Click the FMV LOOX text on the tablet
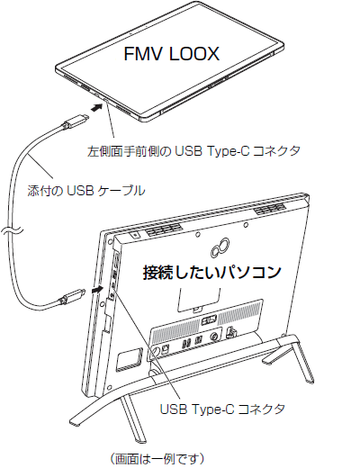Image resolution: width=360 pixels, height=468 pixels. [x=172, y=54]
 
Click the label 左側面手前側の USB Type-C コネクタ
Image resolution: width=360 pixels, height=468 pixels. [x=193, y=151]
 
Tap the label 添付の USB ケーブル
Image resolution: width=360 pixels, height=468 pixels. [x=86, y=191]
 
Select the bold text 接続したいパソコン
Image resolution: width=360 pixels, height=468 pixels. [x=211, y=272]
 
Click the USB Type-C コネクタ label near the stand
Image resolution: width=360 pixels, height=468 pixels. [x=222, y=409]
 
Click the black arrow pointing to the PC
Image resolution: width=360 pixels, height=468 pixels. [x=97, y=290]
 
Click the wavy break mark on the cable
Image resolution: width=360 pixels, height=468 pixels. [x=12, y=230]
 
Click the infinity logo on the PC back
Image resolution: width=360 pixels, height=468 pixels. [x=220, y=247]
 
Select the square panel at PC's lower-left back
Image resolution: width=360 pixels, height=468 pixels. [x=130, y=358]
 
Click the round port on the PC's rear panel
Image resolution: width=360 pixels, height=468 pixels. [x=214, y=337]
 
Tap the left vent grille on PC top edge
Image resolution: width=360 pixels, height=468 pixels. [x=165, y=230]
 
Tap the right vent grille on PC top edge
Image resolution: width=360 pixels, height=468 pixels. [x=270, y=209]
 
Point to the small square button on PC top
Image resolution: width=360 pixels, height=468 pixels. [x=135, y=235]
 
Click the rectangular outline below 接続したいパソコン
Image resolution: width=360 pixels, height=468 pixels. [x=199, y=300]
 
